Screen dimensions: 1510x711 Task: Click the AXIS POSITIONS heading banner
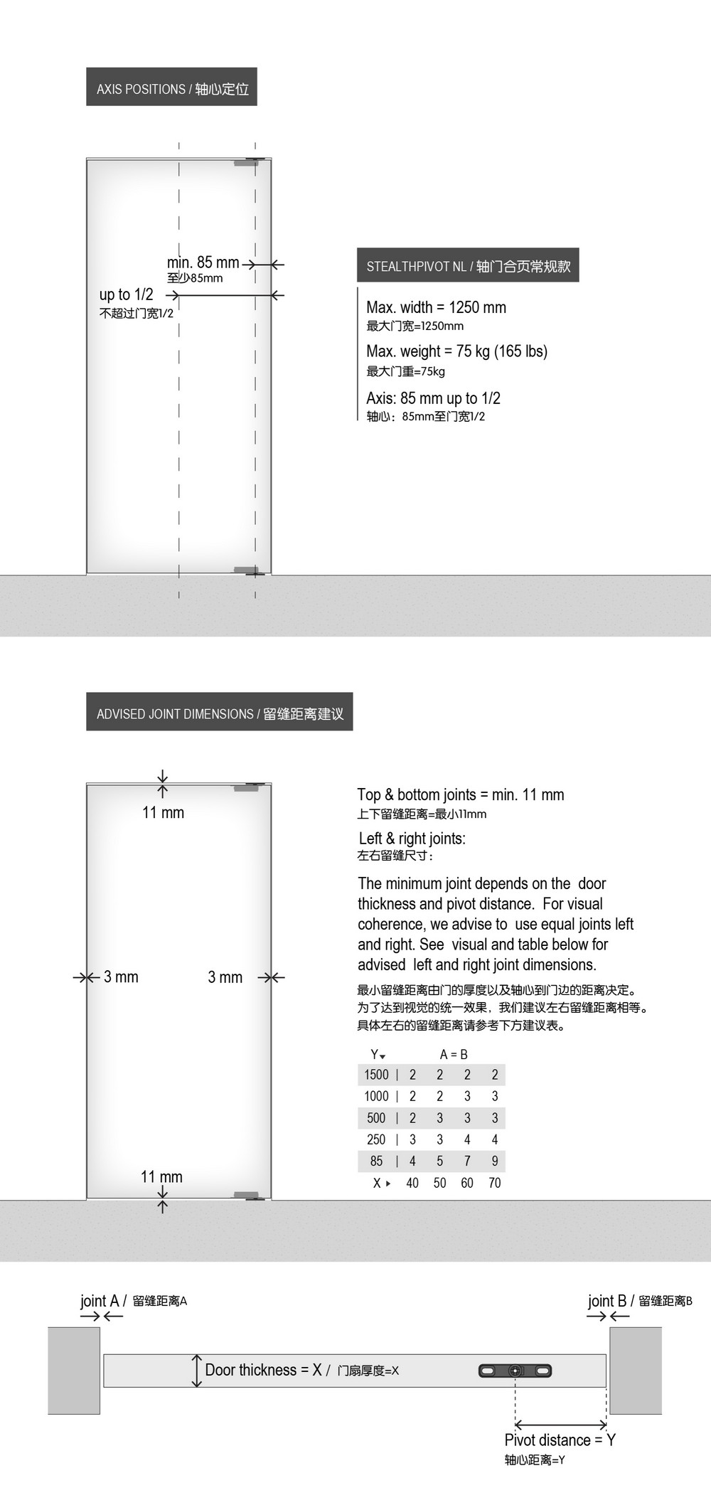tap(171, 87)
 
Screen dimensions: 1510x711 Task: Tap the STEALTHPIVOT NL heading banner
tap(468, 265)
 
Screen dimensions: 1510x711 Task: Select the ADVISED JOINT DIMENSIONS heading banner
tap(220, 713)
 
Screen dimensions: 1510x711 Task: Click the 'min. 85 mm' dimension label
tap(203, 262)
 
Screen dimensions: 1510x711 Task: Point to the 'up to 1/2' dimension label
tap(127, 294)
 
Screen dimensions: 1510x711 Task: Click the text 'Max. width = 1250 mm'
tap(436, 307)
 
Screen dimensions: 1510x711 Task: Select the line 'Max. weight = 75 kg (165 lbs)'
tap(456, 351)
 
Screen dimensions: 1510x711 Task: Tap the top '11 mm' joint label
tap(163, 812)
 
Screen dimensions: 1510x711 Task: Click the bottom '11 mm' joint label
tap(161, 1176)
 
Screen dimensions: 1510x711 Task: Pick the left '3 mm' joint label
tap(121, 977)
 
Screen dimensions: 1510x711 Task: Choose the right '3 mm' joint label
tap(225, 977)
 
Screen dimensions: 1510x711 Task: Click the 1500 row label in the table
tap(376, 1074)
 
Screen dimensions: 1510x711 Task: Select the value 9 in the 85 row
tap(495, 1161)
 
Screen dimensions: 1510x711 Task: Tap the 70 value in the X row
tap(495, 1183)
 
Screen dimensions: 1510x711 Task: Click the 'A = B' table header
tap(454, 1054)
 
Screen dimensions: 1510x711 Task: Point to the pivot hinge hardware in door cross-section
tap(515, 1370)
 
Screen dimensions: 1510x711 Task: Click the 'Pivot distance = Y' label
tap(560, 1440)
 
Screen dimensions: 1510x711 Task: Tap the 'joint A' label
tap(100, 1300)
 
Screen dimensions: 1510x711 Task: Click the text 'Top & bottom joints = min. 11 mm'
tap(460, 794)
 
